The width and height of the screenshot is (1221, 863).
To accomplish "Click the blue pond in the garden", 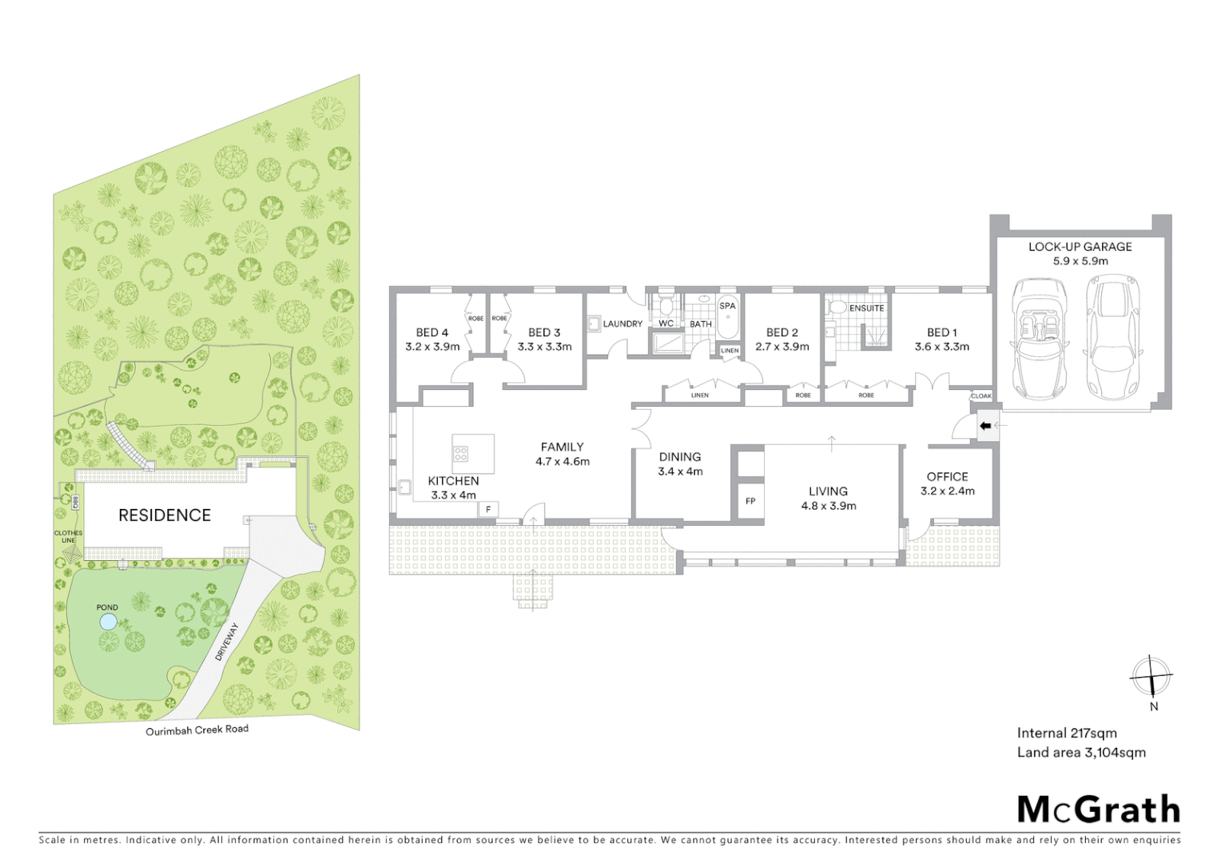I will click(x=108, y=621).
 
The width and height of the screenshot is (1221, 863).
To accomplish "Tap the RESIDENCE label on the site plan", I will click(x=165, y=515).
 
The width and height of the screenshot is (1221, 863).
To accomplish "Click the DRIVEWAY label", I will click(x=227, y=642).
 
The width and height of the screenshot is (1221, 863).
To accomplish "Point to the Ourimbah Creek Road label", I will click(x=197, y=730).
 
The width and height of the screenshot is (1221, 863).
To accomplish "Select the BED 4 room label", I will click(x=432, y=332).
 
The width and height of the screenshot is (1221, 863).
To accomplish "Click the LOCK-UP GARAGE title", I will click(x=1080, y=247).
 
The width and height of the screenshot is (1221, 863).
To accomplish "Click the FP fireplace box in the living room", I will click(x=750, y=501).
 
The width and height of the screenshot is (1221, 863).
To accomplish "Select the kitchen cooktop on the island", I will click(x=461, y=454).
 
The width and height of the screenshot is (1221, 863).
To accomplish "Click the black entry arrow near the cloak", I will click(x=985, y=426).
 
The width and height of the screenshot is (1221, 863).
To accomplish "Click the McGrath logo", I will click(x=1098, y=809).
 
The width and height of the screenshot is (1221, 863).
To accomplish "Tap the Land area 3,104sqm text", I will click(x=1080, y=752).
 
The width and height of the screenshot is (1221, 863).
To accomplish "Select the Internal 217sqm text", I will click(x=1066, y=733).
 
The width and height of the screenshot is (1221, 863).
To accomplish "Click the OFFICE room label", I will click(x=947, y=476).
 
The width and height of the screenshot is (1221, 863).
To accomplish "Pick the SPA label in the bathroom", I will click(x=727, y=306).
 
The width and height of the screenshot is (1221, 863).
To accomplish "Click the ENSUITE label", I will click(x=866, y=308).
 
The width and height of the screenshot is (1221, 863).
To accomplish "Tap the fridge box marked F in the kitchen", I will click(x=488, y=509).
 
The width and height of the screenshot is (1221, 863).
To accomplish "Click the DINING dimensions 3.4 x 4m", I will click(x=680, y=471).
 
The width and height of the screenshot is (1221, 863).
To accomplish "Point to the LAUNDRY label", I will click(x=622, y=324).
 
